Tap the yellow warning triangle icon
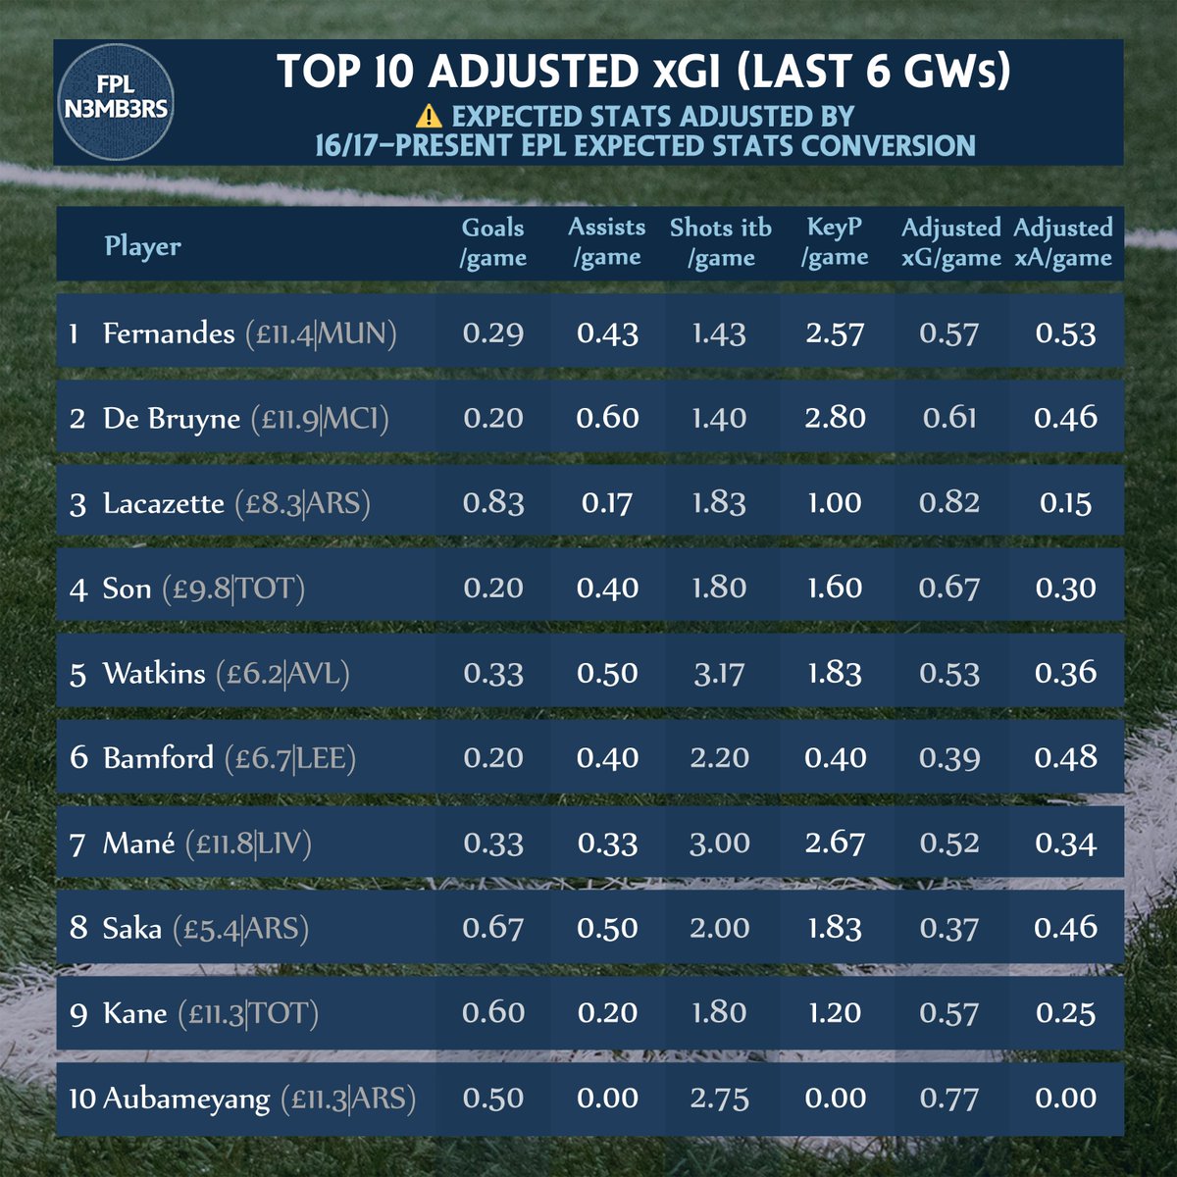tap(429, 117)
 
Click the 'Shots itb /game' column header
tap(721, 242)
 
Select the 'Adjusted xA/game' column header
tap(1063, 242)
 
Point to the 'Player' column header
tap(143, 245)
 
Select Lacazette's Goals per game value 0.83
tap(493, 503)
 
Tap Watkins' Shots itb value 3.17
tap(720, 673)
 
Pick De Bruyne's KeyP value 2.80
tap(835, 418)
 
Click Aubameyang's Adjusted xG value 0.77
tap(949, 1098)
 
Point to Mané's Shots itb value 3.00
tap(720, 843)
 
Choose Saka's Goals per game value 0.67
tap(493, 928)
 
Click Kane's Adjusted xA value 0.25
tap(1065, 1012)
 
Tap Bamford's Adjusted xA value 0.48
tap(1065, 757)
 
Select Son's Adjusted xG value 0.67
tap(949, 588)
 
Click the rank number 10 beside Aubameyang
tap(81, 1099)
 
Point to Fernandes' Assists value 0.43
tap(607, 333)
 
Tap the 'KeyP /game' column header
tap(835, 242)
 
